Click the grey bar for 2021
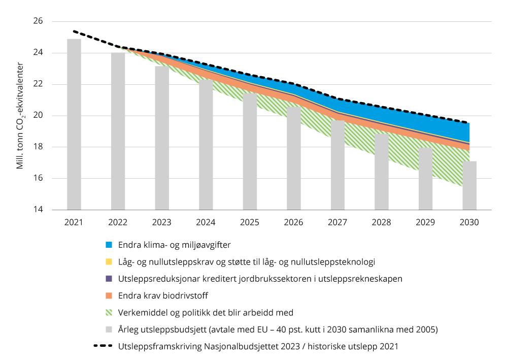pyautogui.click(x=74, y=124)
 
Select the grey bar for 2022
pyautogui.click(x=118, y=131)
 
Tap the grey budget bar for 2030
pyautogui.click(x=469, y=185)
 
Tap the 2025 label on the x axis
pyautogui.click(x=250, y=222)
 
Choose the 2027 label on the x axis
pyautogui.click(x=337, y=222)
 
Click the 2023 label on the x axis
pyautogui.click(x=162, y=222)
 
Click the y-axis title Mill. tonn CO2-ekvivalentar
pyautogui.click(x=20, y=116)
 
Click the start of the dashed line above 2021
pyautogui.click(x=74, y=31)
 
